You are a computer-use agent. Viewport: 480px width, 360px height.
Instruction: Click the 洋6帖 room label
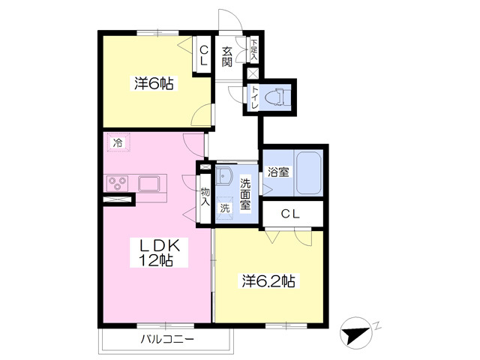tap(154, 83)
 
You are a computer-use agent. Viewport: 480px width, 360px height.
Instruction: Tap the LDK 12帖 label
tap(158, 253)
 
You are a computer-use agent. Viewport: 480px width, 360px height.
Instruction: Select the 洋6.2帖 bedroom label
tap(269, 281)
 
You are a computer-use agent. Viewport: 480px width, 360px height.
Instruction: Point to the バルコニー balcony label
tap(167, 339)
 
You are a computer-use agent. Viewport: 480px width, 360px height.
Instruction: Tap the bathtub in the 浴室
tap(308, 172)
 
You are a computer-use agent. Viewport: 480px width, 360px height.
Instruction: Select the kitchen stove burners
tap(118, 183)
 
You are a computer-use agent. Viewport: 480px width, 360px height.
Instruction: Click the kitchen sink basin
tap(148, 184)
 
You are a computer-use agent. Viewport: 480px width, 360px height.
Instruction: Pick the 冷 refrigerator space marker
tap(118, 142)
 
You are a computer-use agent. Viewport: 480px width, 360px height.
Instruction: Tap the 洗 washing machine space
tap(225, 208)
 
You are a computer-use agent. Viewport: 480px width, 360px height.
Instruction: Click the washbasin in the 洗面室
tap(224, 175)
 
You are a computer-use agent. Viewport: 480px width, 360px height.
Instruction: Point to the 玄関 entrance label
tap(226, 57)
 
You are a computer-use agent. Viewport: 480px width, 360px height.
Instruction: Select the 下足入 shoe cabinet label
tap(254, 50)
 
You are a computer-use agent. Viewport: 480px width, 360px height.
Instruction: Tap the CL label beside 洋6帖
tap(203, 55)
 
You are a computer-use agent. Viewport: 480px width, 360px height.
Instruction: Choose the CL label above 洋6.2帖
tap(290, 214)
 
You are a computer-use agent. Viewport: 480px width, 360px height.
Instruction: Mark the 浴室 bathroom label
tap(278, 172)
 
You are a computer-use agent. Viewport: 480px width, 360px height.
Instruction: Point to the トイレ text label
tap(254, 97)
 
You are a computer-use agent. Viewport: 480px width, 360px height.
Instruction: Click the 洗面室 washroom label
tap(245, 193)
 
